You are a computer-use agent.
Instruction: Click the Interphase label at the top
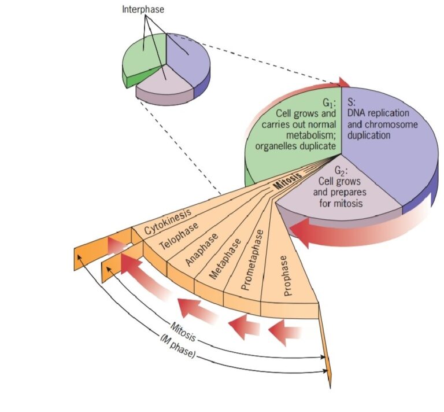click(142, 9)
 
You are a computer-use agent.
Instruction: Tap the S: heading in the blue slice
click(351, 102)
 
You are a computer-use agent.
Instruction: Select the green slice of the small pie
click(142, 61)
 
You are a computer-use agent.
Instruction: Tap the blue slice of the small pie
click(188, 61)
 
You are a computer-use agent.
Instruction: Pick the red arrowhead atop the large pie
click(343, 83)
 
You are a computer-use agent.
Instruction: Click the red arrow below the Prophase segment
click(286, 331)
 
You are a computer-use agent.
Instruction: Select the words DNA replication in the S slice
click(378, 113)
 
